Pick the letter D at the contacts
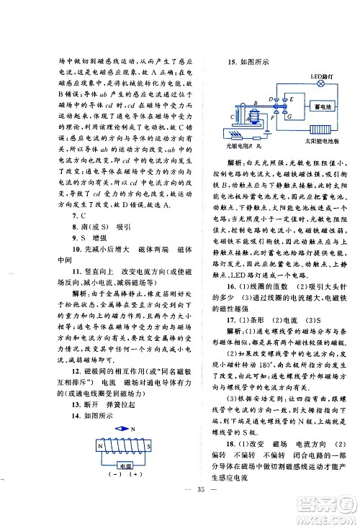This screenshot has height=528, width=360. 269,99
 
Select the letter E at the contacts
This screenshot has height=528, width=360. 283,99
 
